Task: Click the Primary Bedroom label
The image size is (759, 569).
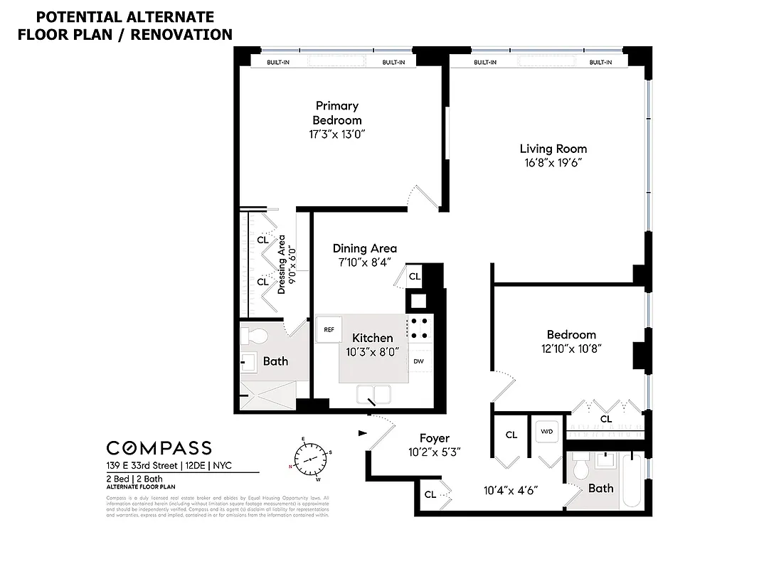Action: (337, 113)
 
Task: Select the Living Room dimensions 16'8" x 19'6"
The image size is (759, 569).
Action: (553, 162)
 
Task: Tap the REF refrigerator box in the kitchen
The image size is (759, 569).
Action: (329, 329)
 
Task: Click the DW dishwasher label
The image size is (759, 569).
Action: (419, 361)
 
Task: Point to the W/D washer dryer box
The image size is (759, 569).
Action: (547, 431)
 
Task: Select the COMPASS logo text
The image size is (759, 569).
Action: (159, 447)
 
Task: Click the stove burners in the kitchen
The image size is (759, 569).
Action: (419, 327)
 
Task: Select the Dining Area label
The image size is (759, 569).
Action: (364, 248)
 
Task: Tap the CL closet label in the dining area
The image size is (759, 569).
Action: (415, 276)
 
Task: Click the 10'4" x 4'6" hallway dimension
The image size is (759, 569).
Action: (510, 490)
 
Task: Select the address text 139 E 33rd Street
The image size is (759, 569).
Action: (139, 466)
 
